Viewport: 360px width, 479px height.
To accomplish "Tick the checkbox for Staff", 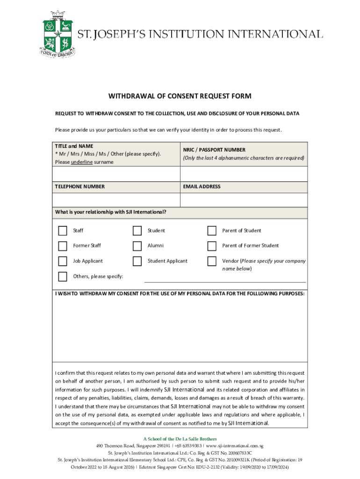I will coord(63,231).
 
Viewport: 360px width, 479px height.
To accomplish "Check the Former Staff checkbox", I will coord(63,246).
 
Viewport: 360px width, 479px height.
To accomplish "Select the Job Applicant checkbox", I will coord(63,261).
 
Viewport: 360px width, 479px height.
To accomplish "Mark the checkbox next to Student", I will coord(137,231).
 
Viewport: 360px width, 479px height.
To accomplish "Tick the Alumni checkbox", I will coord(137,246).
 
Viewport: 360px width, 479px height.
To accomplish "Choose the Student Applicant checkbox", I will coord(137,261).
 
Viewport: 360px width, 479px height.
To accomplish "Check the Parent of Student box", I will coord(212,231).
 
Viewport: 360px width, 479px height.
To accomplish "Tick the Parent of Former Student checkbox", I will coord(212,246).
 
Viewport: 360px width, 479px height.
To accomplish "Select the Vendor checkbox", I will coord(212,261).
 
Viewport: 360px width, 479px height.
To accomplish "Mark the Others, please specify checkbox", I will coord(63,276).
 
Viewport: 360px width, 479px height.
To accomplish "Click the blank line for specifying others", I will coord(225,279).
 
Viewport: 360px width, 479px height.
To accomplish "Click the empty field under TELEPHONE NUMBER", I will coord(116,200).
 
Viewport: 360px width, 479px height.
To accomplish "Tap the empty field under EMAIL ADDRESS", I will coord(243,200).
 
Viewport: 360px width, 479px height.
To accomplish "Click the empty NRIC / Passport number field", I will coord(243,174).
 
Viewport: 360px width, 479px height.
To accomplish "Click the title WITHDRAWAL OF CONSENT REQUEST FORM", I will coord(180,96).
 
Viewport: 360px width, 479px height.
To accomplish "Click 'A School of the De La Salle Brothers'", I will coord(180,439).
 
